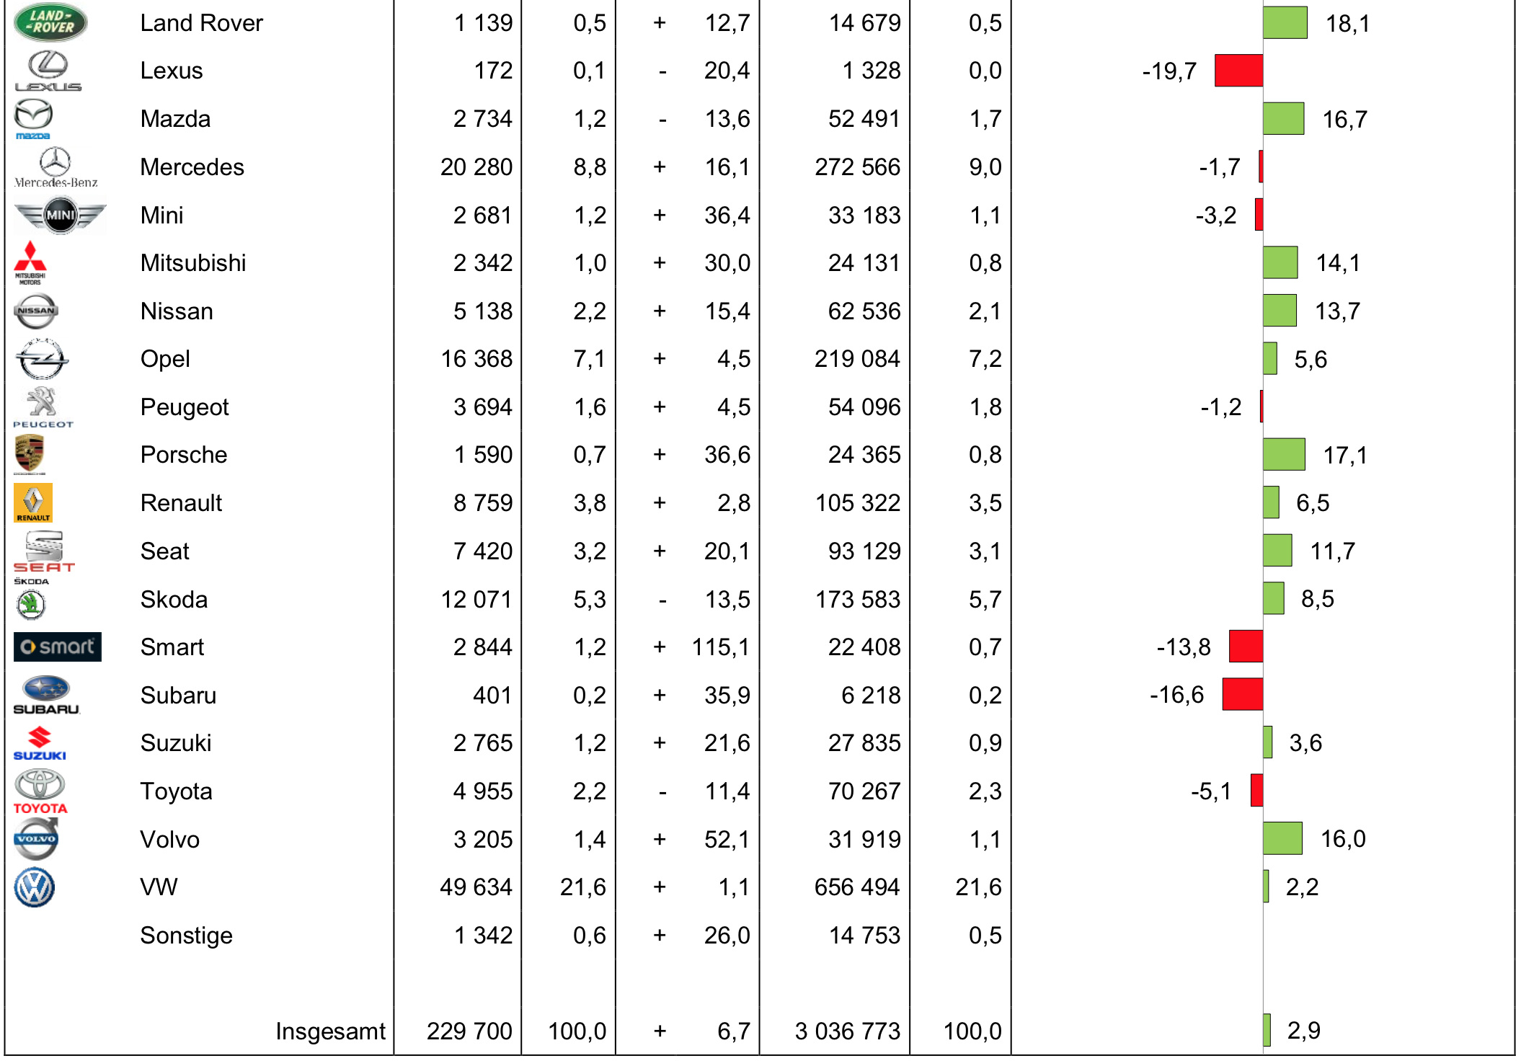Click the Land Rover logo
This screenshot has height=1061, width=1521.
[50, 22]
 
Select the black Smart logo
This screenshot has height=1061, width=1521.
[57, 647]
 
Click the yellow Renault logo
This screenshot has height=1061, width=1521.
[33, 502]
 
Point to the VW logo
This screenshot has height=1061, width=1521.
[34, 887]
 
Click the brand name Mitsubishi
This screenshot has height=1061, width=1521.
[193, 263]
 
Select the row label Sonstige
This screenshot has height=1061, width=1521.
[186, 936]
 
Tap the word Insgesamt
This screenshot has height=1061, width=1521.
[330, 1031]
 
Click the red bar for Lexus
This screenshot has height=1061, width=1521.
[1238, 71]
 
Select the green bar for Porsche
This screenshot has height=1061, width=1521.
[1283, 455]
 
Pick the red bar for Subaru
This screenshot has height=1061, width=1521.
[1242, 695]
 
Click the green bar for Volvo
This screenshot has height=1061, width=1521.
[1282, 839]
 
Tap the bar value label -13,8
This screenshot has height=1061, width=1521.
[1183, 647]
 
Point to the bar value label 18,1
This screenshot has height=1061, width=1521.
[1347, 24]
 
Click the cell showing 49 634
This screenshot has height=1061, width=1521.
[476, 887]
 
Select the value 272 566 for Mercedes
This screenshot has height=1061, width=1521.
[857, 167]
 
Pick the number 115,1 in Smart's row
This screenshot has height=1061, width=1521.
[720, 647]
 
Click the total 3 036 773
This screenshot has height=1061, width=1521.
[847, 1031]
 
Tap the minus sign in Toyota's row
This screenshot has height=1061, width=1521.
[662, 792]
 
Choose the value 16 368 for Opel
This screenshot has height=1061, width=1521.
[476, 359]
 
